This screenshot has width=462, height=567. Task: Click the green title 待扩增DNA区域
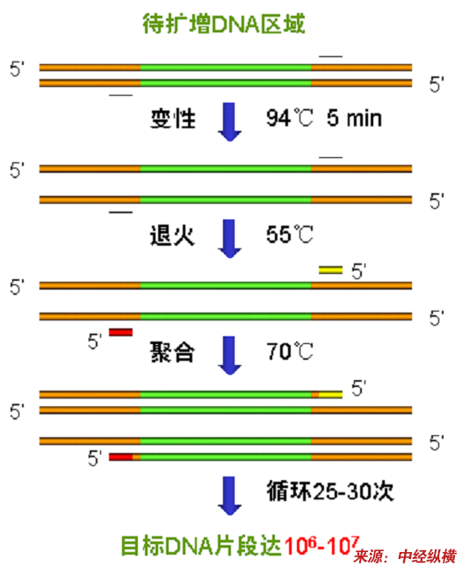click(224, 24)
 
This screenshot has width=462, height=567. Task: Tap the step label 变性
click(173, 118)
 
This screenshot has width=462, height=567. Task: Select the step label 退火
click(172, 235)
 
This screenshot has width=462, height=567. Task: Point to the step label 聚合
click(172, 352)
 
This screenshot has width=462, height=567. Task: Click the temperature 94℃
click(290, 118)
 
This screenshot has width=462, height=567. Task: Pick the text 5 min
click(354, 118)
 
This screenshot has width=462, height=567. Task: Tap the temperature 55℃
click(290, 234)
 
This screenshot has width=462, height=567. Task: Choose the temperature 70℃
click(290, 351)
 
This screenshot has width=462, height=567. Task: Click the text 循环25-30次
click(330, 491)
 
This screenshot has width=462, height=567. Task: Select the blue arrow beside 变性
click(230, 122)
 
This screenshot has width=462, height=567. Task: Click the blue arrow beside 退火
click(230, 239)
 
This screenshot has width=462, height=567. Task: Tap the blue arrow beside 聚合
click(230, 355)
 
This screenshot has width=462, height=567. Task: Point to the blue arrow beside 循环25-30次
click(230, 496)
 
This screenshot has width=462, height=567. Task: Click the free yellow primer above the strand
click(330, 270)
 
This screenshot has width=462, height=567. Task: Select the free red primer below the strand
click(121, 332)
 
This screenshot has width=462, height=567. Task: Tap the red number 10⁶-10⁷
click(321, 545)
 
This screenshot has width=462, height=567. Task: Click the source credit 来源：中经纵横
click(405, 556)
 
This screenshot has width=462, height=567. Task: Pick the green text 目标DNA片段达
click(201, 546)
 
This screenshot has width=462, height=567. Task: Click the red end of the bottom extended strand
click(121, 457)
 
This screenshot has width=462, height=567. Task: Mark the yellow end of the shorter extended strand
click(330, 394)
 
